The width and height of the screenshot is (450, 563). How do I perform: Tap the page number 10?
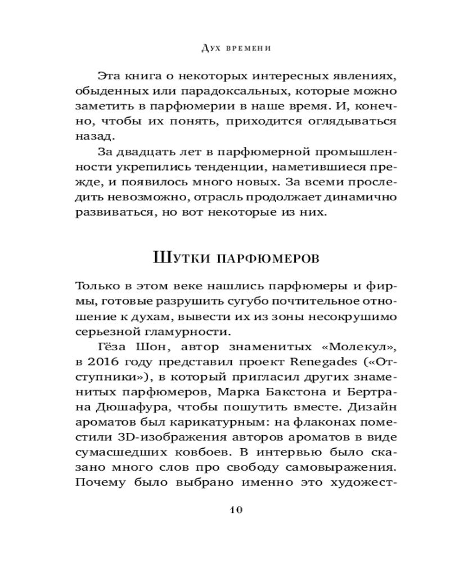(236, 510)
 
